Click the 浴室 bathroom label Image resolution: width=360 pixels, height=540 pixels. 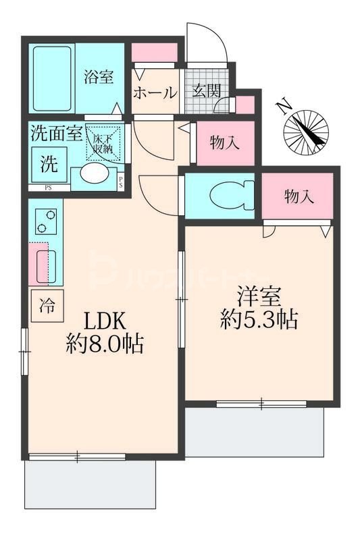[x=99, y=77]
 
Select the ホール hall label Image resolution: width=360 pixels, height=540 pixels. [x=155, y=93]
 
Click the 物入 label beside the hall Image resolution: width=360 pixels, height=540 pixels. [x=224, y=142]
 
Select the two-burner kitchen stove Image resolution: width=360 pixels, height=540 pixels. [x=45, y=221]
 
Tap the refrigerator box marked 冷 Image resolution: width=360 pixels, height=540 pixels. [x=47, y=307]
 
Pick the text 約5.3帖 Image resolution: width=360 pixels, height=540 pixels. [x=259, y=319]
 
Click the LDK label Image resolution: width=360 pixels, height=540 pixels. [x=105, y=319]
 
